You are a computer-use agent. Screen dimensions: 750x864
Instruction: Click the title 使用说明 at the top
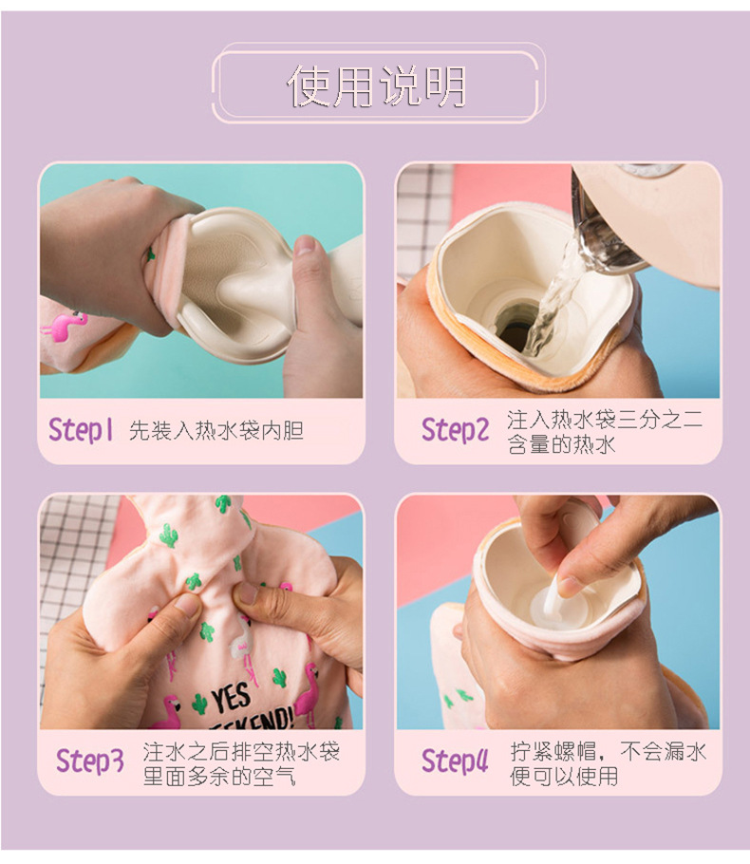pyautogui.click(x=376, y=85)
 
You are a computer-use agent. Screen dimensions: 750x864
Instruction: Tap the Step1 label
pyautogui.click(x=81, y=430)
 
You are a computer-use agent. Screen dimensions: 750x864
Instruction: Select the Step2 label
pyautogui.click(x=455, y=430)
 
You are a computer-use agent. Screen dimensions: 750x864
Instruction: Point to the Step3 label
pyautogui.click(x=90, y=761)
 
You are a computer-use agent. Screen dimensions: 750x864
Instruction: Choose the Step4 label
pyautogui.click(x=455, y=761)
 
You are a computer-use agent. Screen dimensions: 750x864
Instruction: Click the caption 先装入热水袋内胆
pyautogui.click(x=216, y=431)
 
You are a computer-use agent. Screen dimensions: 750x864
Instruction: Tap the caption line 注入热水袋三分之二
pyautogui.click(x=605, y=420)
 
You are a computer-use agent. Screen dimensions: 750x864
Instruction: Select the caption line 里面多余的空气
pyautogui.click(x=219, y=776)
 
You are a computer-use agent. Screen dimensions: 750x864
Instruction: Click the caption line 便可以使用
pyautogui.click(x=564, y=776)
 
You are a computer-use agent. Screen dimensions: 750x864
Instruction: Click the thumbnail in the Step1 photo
pyautogui.click(x=305, y=246)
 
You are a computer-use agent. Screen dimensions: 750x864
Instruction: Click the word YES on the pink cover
pyautogui.click(x=233, y=698)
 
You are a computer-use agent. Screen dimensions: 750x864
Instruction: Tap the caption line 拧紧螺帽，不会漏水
pyautogui.click(x=608, y=751)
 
